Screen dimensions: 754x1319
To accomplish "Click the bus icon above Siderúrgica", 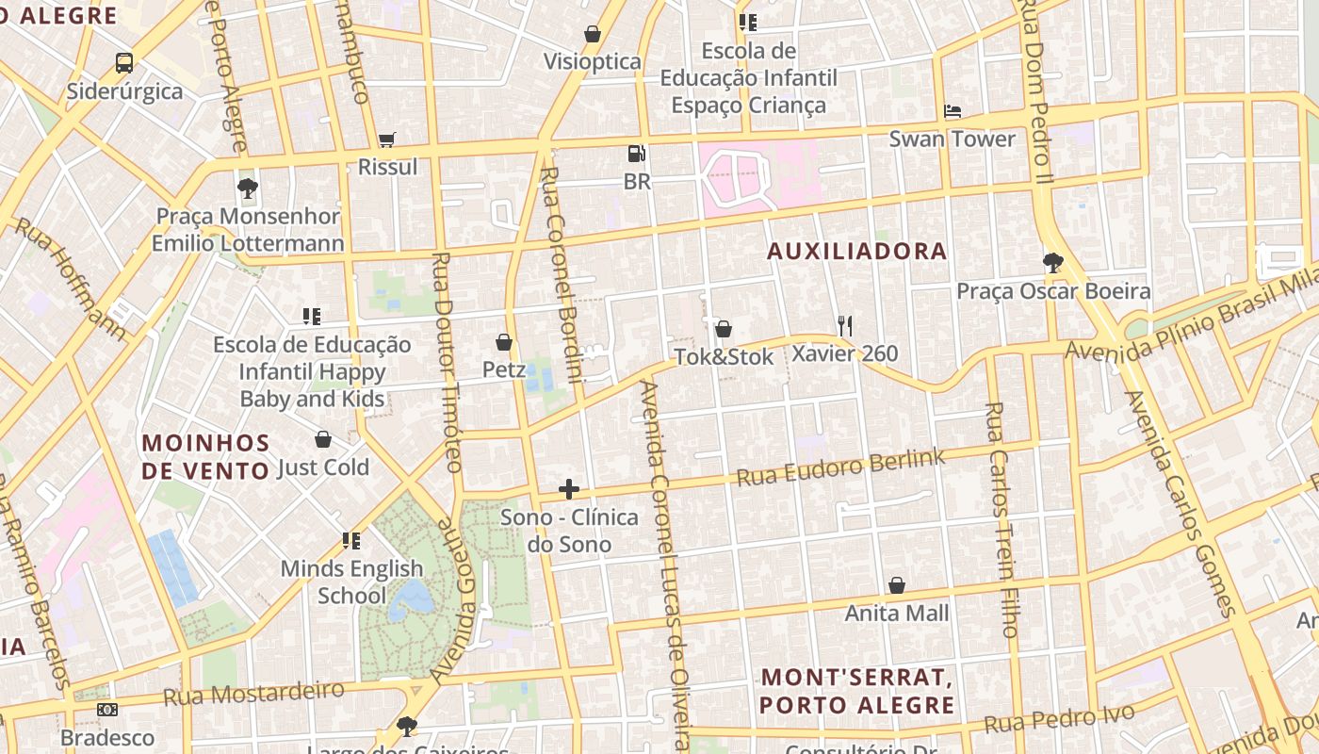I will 124,63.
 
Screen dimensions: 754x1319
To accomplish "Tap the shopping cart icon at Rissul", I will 386,140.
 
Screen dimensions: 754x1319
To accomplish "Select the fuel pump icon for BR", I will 637,154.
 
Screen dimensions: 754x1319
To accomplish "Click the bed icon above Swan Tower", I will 953,111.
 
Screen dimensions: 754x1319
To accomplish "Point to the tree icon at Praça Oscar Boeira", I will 1053,263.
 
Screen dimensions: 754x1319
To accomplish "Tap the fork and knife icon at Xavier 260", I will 845,326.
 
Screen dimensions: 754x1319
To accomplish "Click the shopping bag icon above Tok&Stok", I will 724,329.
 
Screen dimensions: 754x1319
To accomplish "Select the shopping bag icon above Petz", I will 504,342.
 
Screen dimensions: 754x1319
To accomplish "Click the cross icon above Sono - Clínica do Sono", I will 569,489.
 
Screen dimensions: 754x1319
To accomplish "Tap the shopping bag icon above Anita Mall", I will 897,585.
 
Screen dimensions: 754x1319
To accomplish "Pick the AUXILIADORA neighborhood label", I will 856,251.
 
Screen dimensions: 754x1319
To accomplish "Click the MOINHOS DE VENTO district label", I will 206,456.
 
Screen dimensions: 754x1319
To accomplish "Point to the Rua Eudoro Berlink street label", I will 840,467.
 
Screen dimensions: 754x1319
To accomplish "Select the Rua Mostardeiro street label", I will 253,693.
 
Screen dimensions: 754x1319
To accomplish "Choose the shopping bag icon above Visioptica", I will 593,35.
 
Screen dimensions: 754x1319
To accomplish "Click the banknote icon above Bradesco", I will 107,710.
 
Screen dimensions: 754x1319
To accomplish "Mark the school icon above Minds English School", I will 351,541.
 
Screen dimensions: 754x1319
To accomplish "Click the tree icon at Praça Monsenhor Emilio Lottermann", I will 248,188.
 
